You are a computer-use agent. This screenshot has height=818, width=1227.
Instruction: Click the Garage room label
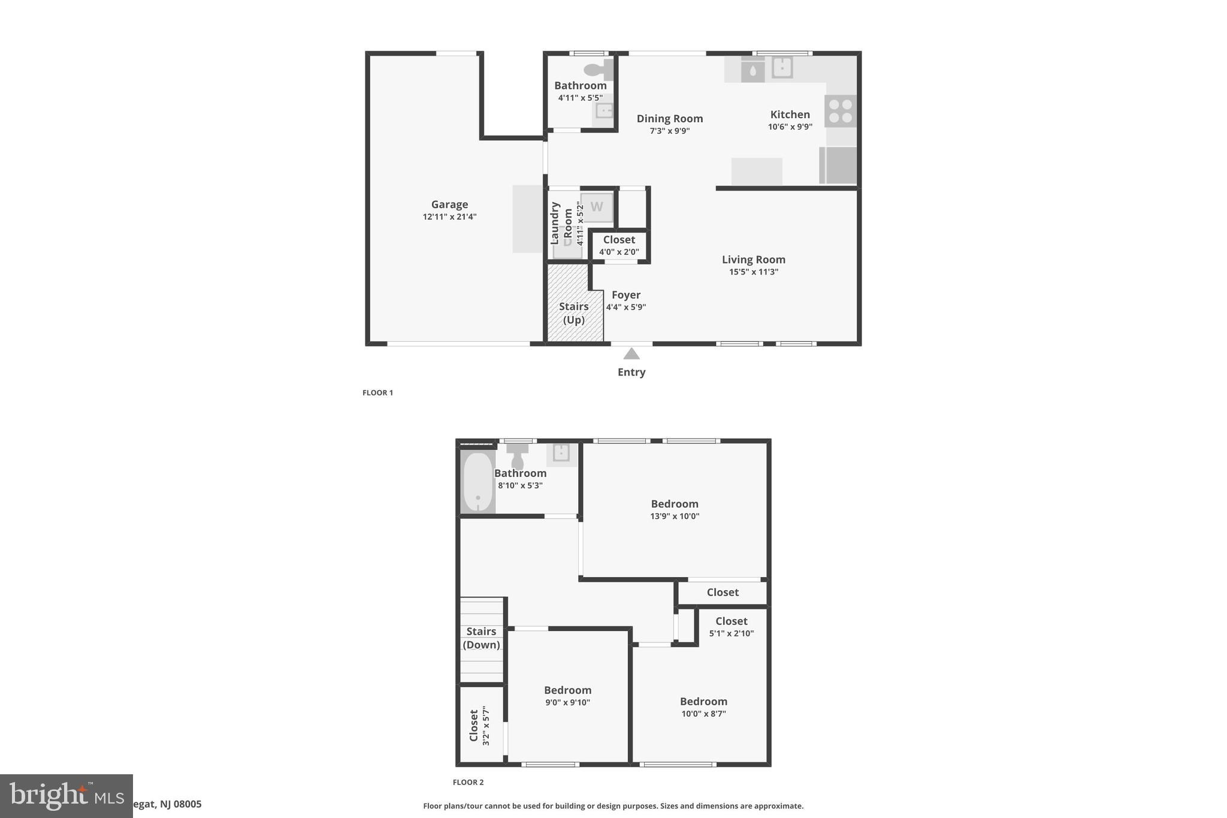[x=449, y=204]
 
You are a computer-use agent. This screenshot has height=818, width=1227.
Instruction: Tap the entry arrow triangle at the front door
[x=631, y=354]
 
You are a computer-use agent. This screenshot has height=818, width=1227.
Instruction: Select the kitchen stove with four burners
[x=840, y=111]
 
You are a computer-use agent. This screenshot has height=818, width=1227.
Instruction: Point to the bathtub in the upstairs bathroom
[x=478, y=482]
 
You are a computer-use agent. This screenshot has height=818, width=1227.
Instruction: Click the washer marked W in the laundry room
[x=597, y=207]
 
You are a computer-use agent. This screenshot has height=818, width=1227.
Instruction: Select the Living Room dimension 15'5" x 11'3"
[x=753, y=272]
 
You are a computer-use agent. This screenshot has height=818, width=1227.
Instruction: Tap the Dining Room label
[x=669, y=119]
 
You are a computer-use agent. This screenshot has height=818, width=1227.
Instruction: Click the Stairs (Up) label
[x=573, y=313]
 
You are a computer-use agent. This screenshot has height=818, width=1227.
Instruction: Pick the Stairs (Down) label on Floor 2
[x=481, y=638]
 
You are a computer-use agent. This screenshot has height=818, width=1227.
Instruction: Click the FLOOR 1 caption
[x=377, y=393]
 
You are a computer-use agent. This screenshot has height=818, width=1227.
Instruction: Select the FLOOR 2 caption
[x=468, y=782]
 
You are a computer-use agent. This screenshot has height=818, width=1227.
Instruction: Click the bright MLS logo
[x=66, y=796]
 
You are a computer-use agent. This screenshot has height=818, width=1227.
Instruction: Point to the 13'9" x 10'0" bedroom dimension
[x=675, y=517]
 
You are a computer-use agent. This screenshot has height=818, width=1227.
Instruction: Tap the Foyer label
[x=626, y=295]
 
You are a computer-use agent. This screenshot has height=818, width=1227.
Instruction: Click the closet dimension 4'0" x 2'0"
[x=619, y=252]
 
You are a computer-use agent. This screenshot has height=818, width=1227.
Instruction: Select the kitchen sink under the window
[x=782, y=67]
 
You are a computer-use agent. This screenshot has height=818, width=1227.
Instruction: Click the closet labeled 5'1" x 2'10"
[x=731, y=626]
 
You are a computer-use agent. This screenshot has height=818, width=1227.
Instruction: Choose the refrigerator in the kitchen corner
[x=838, y=165]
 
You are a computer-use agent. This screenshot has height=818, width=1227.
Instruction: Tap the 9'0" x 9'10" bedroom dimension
[x=567, y=703]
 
